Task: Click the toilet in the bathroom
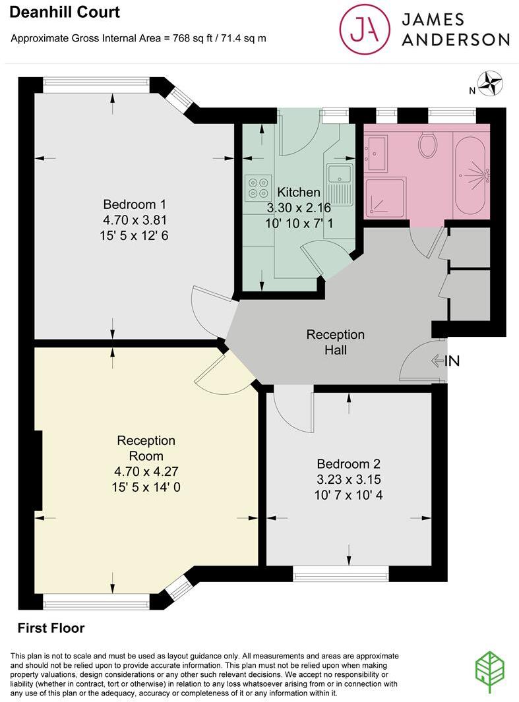tap(428, 144)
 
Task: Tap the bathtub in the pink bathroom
tap(470, 174)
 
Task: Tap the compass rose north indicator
tap(491, 84)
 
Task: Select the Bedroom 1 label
tap(135, 203)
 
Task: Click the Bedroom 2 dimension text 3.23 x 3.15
tap(348, 479)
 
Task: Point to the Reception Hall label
tap(335, 342)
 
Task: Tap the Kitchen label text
tap(298, 192)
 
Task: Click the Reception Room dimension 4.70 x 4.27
tap(146, 471)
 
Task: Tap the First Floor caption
tap(51, 628)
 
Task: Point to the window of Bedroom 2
tap(340, 575)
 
